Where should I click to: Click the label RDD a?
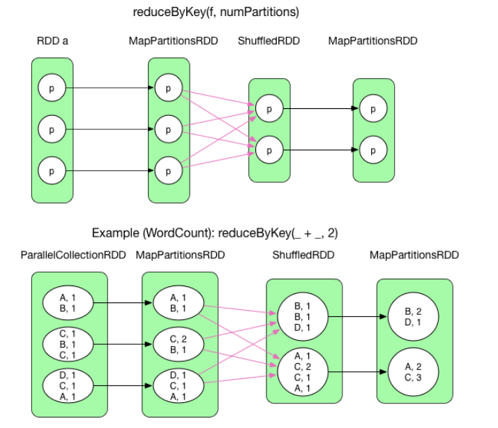coord(52,42)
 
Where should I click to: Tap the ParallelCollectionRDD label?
coord(73,256)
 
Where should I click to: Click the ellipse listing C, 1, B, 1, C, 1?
coord(69,343)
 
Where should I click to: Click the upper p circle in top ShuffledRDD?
coord(269,109)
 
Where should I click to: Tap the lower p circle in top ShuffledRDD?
coord(269,149)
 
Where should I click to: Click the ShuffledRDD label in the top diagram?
coord(269,42)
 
